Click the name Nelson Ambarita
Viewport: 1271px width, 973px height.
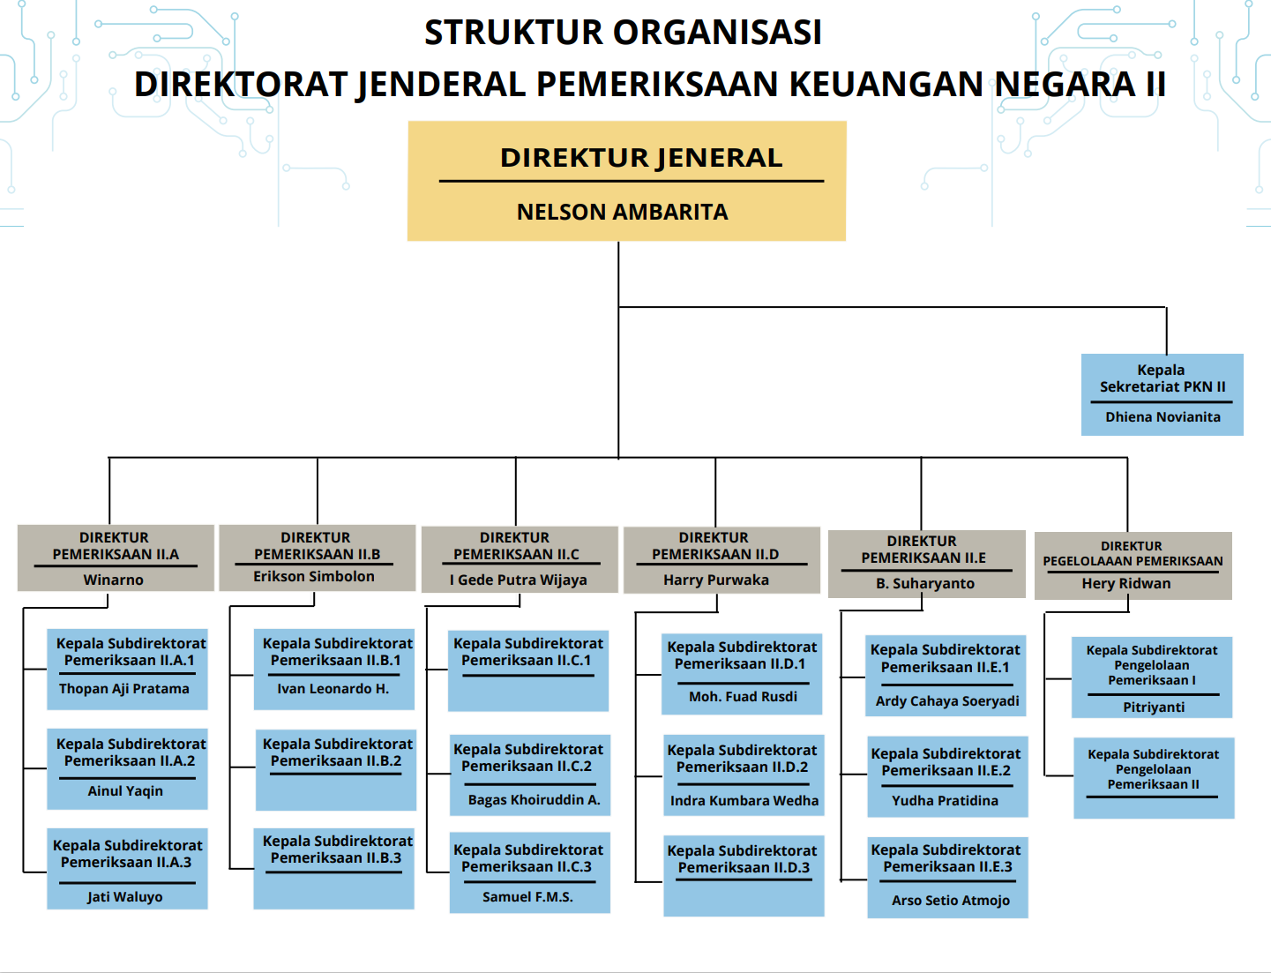coord(622,212)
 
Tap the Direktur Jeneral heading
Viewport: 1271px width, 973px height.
coord(641,158)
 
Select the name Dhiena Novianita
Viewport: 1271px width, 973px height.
coord(1163,417)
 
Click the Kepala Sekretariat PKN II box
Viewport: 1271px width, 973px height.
coord(1163,394)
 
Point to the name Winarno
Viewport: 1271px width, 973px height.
coord(114,580)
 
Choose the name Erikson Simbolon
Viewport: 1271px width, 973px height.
coord(314,576)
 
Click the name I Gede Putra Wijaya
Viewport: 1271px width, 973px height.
coord(519,580)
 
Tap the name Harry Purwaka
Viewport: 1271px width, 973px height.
coord(716,580)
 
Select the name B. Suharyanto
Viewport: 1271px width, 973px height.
coord(925,583)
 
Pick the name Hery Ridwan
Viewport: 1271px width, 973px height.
coord(1126,583)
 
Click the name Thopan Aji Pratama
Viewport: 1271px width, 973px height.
coord(123,689)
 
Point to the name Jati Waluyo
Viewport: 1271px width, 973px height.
coord(125,896)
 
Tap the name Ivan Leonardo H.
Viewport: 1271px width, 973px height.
coord(333,689)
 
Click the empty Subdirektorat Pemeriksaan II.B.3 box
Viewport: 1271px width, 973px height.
coord(334,869)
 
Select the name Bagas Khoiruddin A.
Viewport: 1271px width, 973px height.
coord(534,800)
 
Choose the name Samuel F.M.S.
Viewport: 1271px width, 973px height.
coord(527,896)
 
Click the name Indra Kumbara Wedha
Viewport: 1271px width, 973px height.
coord(744,800)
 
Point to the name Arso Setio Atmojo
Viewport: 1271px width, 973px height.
coord(951,900)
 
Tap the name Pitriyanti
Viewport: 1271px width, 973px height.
coord(1154,707)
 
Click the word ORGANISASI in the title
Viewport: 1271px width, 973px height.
coord(717,32)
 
